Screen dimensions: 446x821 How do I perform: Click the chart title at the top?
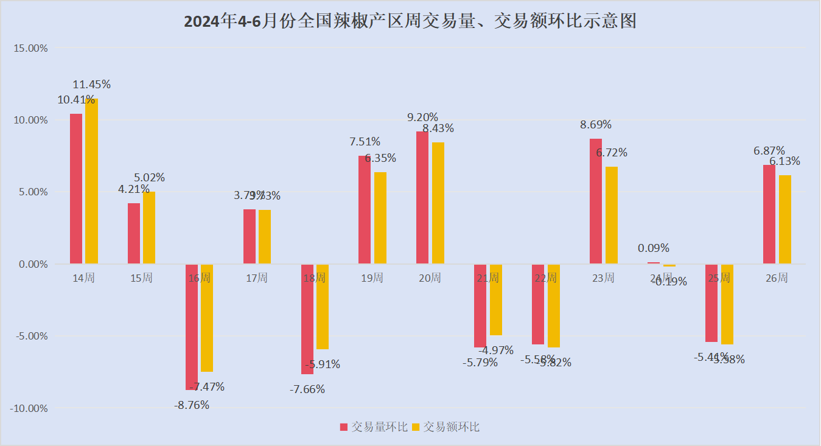pos(410,21)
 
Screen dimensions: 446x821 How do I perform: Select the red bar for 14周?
pos(76,189)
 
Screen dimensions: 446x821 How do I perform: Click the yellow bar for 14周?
pos(91,181)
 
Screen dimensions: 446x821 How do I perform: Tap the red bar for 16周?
pos(192,327)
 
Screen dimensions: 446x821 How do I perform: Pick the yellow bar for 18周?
pos(322,307)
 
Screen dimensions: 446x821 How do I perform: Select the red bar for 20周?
pos(422,198)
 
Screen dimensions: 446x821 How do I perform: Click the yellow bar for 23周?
pos(611,215)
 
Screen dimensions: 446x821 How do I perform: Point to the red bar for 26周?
pos(769,214)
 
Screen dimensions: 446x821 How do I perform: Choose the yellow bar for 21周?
pos(495,300)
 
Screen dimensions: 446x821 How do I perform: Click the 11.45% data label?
pos(92,85)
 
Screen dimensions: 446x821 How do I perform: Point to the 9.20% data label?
pos(422,117)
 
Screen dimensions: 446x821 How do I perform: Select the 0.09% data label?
pos(654,248)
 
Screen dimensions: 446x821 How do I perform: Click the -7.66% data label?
pos(307,389)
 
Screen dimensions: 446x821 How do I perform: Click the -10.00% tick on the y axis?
pos(29,408)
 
